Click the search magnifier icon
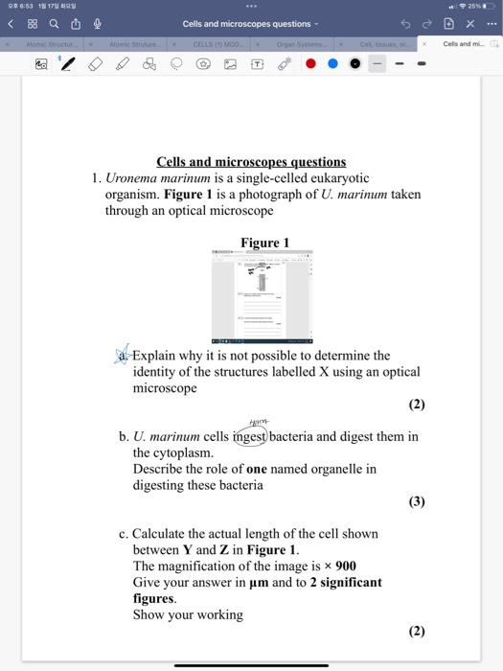(53, 24)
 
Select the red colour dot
(310, 64)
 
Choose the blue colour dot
(332, 64)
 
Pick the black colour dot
(354, 64)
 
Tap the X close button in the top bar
(471, 24)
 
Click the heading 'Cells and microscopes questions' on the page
(251, 162)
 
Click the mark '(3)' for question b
(416, 500)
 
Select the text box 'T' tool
(257, 64)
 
